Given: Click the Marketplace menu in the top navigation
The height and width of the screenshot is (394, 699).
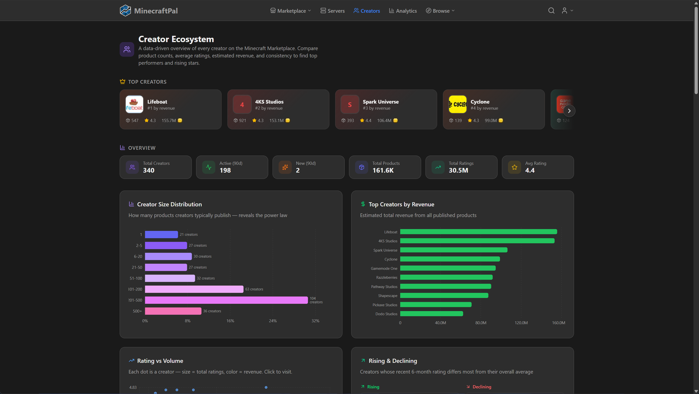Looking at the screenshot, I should point(291,11).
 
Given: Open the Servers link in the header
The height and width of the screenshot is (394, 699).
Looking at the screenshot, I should point(332,11).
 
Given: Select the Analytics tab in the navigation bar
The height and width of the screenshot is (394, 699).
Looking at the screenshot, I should point(403,11).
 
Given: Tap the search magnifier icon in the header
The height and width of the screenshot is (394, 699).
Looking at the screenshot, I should point(551,11).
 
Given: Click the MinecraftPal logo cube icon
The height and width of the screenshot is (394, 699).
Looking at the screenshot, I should point(125,11).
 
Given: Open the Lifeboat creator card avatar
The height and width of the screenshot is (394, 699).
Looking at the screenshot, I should point(134,105).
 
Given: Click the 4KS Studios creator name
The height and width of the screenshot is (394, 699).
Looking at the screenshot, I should point(269,102).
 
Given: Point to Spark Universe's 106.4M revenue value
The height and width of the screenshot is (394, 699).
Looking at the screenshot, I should point(384,121).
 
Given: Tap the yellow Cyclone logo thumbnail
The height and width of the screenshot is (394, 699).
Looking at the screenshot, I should point(458,105).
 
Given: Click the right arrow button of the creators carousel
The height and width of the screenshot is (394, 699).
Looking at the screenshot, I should point(569,111).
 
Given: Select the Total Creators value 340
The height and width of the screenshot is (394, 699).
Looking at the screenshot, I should point(149,171).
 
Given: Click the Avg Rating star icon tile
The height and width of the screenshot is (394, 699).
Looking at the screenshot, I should point(514,167).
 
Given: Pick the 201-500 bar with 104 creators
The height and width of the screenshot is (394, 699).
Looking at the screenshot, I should point(226,300).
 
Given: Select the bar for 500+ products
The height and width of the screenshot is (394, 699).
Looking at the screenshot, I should point(173,311).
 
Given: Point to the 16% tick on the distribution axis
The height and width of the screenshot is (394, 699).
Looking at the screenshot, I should point(230,321).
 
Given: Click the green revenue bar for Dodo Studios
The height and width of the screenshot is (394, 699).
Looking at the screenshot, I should point(431,314).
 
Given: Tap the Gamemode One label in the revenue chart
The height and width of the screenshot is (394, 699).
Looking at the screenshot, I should point(384,269).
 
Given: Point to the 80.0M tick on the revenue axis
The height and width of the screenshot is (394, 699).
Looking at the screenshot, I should point(481,323).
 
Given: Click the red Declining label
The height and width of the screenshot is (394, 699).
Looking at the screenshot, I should point(482,387).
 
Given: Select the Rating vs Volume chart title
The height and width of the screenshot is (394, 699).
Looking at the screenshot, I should point(160,361).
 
